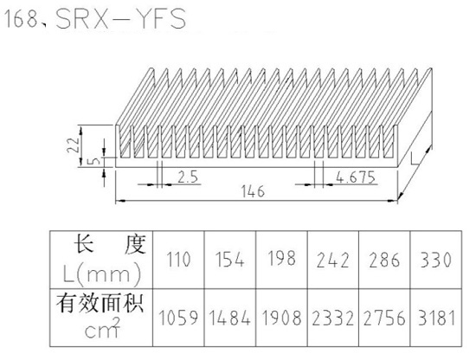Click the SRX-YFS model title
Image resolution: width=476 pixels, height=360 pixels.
(x=121, y=19)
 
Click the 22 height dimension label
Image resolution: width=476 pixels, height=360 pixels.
(x=74, y=145)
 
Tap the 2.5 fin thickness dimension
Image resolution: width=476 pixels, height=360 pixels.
(x=188, y=177)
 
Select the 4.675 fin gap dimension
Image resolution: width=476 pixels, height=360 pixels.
(x=356, y=177)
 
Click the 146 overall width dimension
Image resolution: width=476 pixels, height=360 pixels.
(x=253, y=191)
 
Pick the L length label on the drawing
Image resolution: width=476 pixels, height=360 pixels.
(x=413, y=159)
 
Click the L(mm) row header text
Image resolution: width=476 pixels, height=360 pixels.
(x=101, y=274)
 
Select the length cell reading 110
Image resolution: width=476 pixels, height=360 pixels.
(x=179, y=260)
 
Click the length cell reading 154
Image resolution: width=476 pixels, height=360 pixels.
(x=230, y=260)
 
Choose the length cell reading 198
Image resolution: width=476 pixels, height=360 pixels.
(x=281, y=259)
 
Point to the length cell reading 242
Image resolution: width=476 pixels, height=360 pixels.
(x=332, y=260)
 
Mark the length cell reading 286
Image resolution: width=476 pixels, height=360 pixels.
(x=384, y=260)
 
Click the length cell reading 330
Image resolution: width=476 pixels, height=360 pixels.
(x=436, y=260)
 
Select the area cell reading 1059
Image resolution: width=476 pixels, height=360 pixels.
(x=178, y=318)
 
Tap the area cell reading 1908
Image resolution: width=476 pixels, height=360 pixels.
(x=281, y=318)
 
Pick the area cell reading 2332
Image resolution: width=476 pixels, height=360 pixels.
(x=332, y=318)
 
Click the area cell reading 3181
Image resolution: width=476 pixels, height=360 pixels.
(x=436, y=318)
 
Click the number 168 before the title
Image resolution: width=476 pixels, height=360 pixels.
(x=20, y=20)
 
